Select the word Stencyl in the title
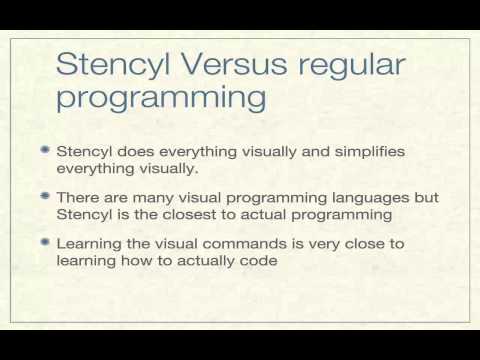[x=110, y=67]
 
